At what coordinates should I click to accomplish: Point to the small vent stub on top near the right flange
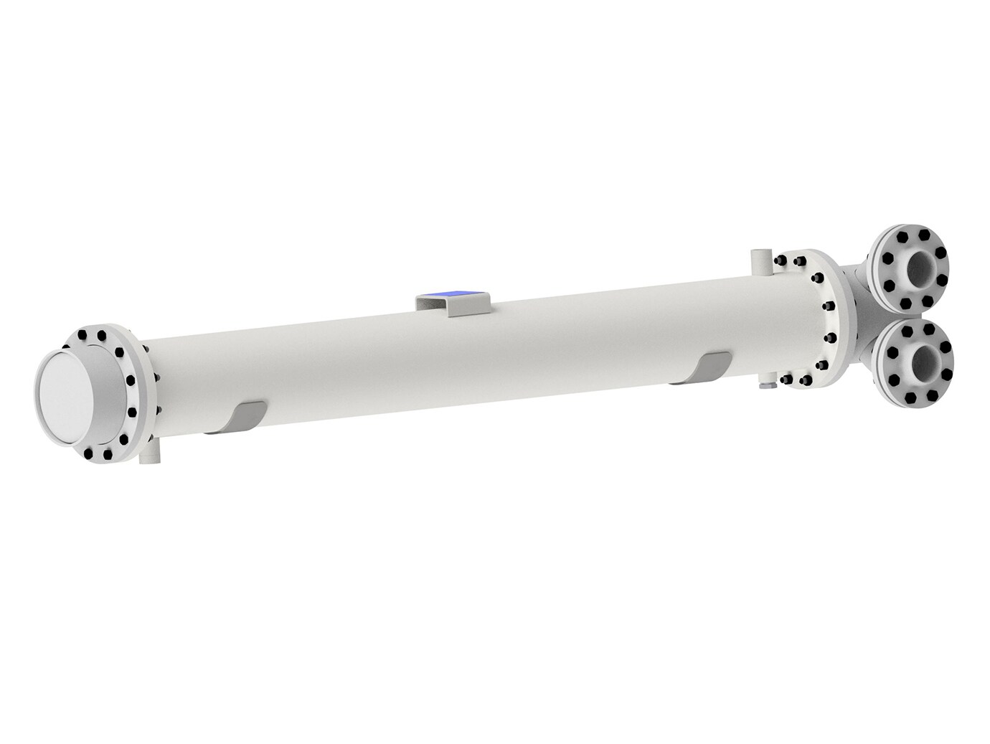click(759, 260)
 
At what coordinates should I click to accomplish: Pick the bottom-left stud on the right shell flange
click(787, 381)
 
